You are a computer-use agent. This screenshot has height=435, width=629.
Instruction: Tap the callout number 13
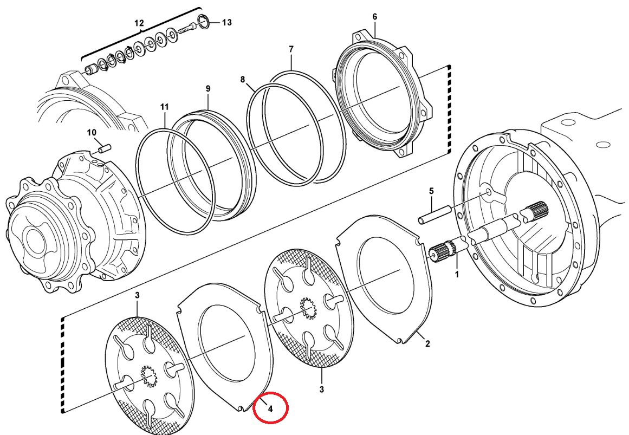pos(226,22)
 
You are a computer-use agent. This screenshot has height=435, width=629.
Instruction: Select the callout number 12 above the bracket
pos(139,23)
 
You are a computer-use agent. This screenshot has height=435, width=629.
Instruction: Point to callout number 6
pos(374,17)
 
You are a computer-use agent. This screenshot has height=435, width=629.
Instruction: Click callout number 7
pos(291,49)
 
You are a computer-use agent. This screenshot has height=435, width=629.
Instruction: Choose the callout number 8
pos(243,80)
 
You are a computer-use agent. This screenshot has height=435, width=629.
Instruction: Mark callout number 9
pos(207,88)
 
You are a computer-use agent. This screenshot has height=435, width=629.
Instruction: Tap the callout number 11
pos(164,107)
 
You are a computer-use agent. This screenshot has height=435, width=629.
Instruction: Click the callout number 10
pos(92,132)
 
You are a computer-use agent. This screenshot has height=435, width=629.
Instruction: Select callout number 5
pos(431,191)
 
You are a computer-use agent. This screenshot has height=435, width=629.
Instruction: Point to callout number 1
pos(456,275)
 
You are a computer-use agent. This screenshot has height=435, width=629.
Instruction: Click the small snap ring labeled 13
pos(204,22)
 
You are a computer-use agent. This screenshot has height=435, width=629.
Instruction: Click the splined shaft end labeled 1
pos(439,252)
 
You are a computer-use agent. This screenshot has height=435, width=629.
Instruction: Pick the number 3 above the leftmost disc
pos(138,295)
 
